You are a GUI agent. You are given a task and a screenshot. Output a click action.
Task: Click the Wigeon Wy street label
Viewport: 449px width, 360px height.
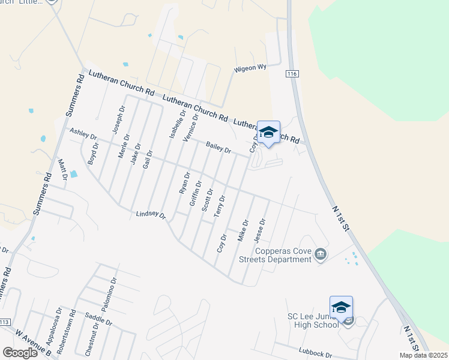tap(250, 68)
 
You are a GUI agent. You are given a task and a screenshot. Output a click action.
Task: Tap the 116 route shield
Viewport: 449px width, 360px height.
tap(292, 73)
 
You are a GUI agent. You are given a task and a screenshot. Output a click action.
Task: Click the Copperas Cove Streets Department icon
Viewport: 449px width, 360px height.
tap(321, 255)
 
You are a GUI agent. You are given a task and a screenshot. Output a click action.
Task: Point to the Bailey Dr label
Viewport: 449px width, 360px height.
tap(218, 147)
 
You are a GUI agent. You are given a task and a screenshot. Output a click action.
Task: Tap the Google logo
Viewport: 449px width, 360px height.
tap(20, 353)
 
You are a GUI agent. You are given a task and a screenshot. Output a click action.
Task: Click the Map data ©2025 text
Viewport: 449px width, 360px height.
tap(423, 355)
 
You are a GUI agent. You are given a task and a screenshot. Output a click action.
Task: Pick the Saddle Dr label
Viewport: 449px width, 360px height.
tap(99, 319)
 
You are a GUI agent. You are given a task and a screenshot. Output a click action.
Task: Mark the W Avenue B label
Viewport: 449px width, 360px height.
tap(35, 343)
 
